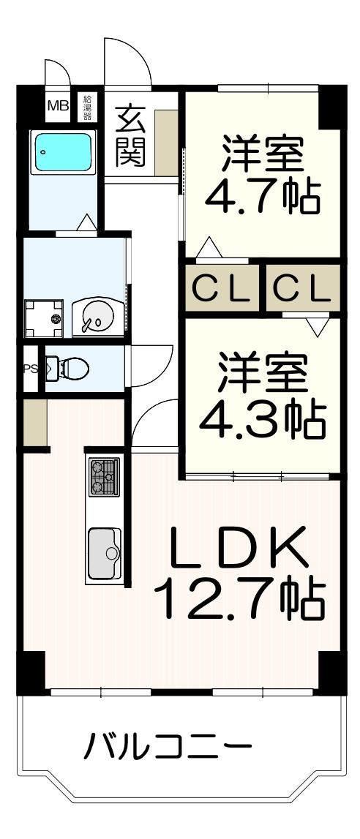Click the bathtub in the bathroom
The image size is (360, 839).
tap(63, 151)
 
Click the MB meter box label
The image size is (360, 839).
tap(58, 105)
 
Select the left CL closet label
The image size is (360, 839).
tap(221, 290)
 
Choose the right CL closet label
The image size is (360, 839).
tap(303, 290)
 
